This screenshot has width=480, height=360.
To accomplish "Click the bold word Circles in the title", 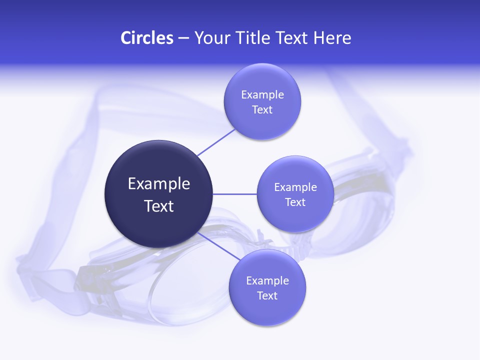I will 147,38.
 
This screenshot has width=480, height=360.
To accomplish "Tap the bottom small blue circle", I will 267,310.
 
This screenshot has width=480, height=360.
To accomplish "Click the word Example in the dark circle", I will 159,184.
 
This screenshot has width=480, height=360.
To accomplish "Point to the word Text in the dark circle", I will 159,206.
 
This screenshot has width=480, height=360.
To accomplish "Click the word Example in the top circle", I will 262,95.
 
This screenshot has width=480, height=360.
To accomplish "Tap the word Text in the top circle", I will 262,110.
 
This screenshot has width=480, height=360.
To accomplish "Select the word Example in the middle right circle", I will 295,187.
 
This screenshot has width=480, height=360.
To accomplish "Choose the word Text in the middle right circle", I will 295,202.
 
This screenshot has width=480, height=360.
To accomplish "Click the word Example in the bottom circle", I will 267,281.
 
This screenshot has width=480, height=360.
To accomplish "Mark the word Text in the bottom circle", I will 267,296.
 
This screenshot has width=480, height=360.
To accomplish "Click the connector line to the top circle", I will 216,142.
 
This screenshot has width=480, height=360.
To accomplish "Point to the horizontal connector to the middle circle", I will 235,194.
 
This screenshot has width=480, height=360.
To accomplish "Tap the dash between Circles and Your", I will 183,38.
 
